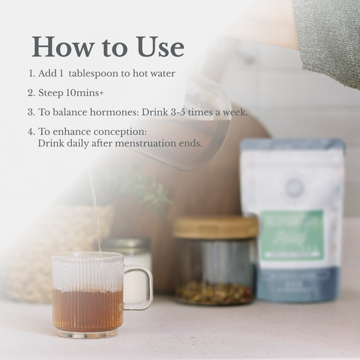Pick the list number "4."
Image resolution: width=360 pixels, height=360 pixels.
[x=31, y=131]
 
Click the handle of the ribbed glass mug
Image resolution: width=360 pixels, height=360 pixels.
[x=139, y=288]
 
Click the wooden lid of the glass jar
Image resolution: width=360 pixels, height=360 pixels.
[x=215, y=227]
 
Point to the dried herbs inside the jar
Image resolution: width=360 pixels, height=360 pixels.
[x=215, y=292]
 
